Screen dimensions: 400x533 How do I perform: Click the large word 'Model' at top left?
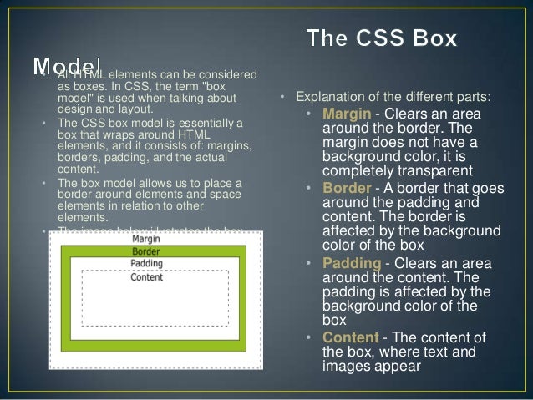[x=67, y=65]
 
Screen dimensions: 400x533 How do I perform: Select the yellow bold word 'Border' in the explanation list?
[x=346, y=188]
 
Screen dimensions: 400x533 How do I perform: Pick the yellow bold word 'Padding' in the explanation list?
[x=351, y=263]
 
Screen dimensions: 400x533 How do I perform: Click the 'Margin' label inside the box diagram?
[x=147, y=239]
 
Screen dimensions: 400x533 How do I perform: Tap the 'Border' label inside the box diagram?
[x=146, y=251]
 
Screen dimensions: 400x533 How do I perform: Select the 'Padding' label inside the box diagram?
[x=147, y=265]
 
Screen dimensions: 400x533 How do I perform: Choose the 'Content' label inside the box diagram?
[x=146, y=277]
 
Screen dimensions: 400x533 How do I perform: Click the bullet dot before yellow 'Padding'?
[x=308, y=264]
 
